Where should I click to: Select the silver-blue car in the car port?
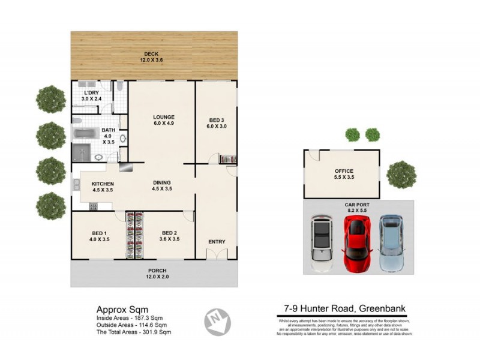391,243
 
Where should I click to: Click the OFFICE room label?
344,173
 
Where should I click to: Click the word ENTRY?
217,242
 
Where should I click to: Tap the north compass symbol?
218,321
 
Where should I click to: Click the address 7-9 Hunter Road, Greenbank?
344,309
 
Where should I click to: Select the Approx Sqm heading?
118,309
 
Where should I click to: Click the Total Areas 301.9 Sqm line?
133,332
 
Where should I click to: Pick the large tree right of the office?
401,174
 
